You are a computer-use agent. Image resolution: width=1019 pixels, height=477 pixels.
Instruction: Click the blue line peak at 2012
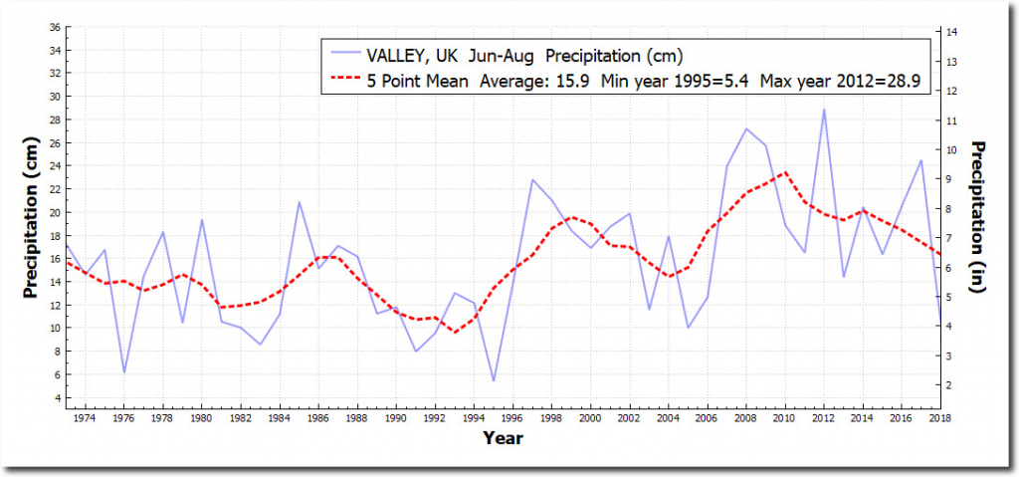pos(824,110)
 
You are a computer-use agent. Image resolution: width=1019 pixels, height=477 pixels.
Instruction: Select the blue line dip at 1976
pos(124,372)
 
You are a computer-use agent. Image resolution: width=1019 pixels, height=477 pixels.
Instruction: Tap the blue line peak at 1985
pos(299,202)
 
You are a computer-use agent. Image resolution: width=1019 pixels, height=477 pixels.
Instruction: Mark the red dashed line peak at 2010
pos(785,172)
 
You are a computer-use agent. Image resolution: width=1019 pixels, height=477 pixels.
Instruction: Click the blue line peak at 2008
pos(746,128)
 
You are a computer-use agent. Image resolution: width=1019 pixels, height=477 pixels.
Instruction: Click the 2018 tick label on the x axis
pos(938,419)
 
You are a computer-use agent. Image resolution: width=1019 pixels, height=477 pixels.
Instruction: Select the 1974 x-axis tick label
pos(87,419)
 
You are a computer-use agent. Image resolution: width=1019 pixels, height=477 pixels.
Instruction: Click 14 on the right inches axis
pos(952,33)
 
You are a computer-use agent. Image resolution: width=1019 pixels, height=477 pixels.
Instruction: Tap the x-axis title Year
pos(503,437)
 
